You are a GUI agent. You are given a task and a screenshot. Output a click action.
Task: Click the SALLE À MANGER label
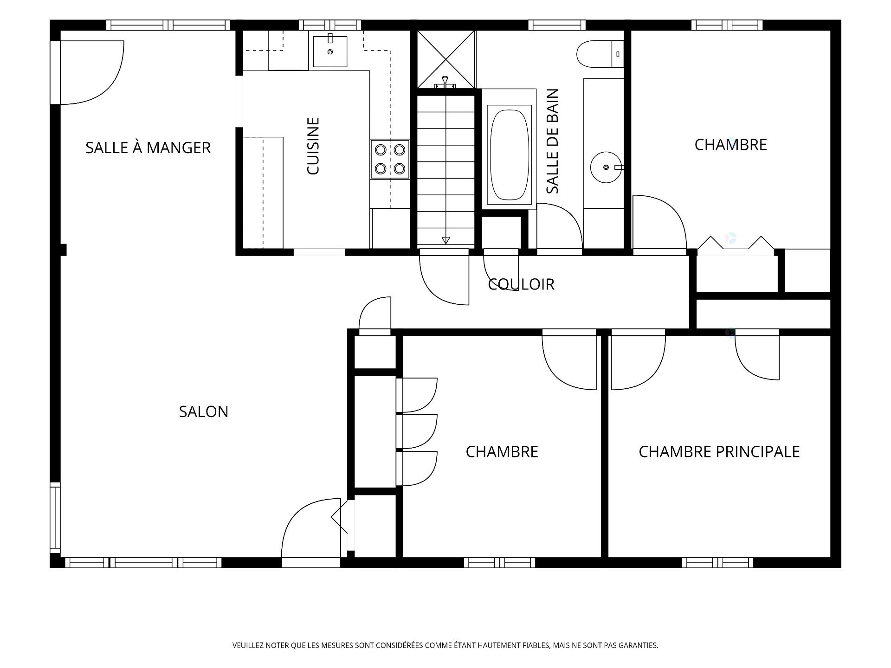coord(148,148)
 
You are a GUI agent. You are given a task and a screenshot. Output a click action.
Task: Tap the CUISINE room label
coord(314,146)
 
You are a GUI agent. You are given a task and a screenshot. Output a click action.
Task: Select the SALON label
coord(204,411)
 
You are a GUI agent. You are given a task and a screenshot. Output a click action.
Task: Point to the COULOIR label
coord(521,284)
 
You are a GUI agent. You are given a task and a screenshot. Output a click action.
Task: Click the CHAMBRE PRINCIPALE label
coord(719,451)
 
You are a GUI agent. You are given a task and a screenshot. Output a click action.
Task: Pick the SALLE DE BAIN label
coord(552,141)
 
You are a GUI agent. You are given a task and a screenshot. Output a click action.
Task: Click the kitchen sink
coord(330,51)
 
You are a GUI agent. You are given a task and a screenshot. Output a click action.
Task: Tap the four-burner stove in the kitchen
coord(390,159)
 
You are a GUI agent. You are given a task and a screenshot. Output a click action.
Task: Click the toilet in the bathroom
coord(600,54)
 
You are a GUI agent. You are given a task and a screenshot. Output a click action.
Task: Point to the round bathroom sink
coord(606,167)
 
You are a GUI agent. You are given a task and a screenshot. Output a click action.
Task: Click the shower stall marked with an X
coord(446,59)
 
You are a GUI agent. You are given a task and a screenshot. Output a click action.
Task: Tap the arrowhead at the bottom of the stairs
coord(446,240)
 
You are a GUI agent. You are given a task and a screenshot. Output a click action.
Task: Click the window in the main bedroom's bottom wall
coord(718,563)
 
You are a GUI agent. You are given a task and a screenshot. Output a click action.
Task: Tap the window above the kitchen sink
coord(330,25)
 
